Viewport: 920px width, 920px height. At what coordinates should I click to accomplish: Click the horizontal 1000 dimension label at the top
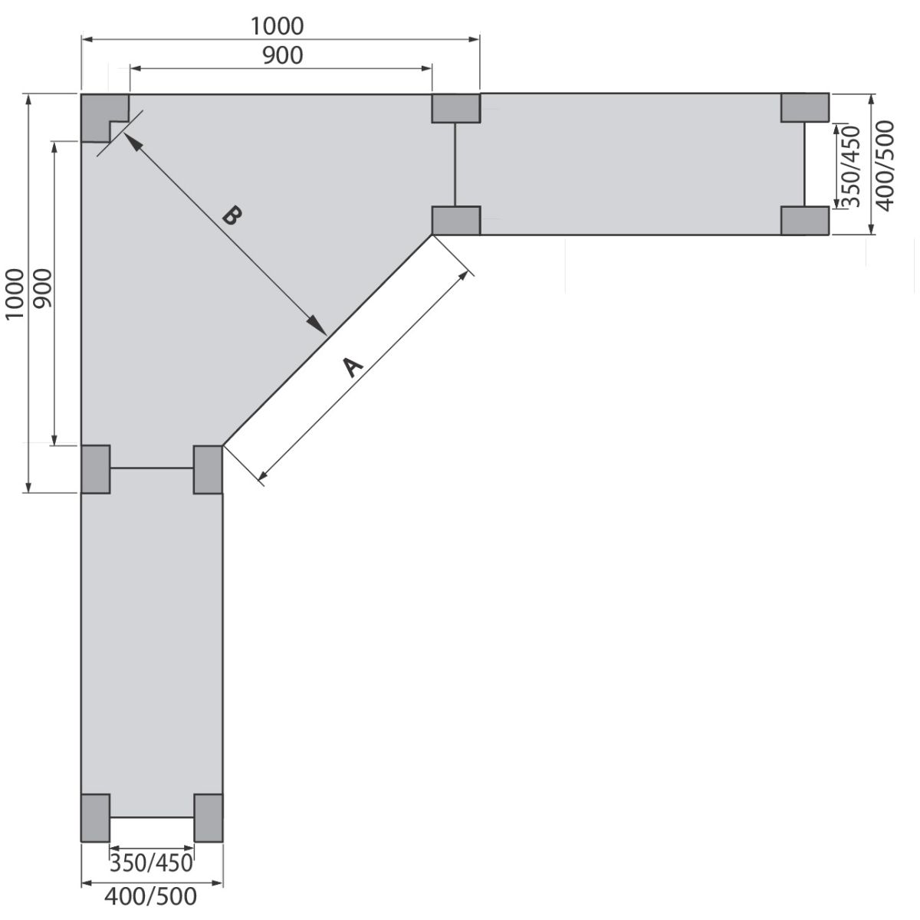point(277,26)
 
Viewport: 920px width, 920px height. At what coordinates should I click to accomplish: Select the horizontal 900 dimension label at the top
point(283,56)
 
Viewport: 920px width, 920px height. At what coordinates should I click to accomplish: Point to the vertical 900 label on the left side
point(43,288)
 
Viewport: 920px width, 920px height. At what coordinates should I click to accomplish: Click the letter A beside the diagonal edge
point(353,366)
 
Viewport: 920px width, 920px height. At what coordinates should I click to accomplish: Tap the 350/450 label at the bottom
point(151,863)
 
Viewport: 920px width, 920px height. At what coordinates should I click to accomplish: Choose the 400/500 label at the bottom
point(151,896)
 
